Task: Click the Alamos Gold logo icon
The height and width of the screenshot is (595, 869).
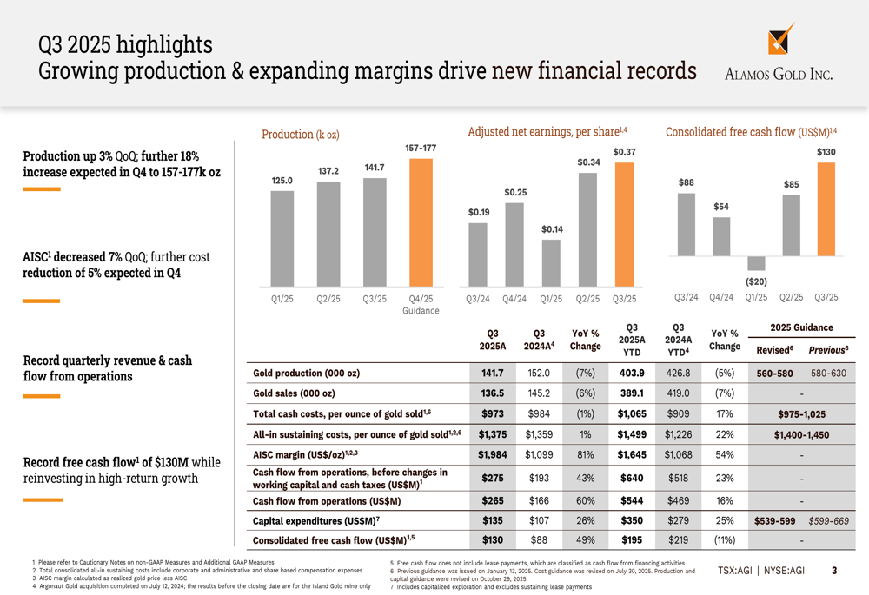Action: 780,40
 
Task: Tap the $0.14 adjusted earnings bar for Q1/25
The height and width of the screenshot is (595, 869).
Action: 551,263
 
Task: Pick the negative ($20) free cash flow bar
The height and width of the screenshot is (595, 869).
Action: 756,263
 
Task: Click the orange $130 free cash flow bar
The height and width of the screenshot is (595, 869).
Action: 826,209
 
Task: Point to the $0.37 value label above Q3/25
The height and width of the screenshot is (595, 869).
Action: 624,152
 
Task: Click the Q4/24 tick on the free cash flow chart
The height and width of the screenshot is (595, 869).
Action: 721,297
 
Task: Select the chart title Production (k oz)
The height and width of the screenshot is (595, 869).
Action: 301,134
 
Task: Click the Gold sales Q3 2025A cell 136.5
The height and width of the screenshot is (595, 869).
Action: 493,393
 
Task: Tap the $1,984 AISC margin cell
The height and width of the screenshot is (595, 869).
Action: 493,454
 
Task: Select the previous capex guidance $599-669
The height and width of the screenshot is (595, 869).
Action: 828,521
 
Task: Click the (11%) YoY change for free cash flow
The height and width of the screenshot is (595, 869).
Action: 724,540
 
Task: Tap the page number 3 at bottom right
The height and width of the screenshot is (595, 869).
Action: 834,571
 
